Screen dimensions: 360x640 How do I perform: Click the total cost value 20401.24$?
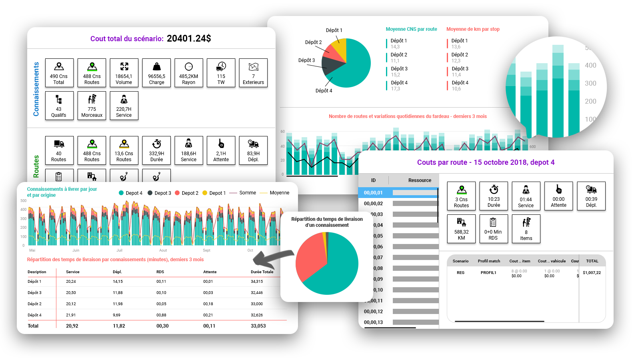pyautogui.click(x=188, y=38)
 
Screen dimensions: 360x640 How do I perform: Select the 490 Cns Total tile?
pyautogui.click(x=59, y=73)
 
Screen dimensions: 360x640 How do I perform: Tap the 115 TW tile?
pyautogui.click(x=221, y=73)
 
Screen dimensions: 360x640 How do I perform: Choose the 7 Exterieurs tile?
pyautogui.click(x=253, y=73)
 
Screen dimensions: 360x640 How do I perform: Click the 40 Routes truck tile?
pyautogui.click(x=59, y=150)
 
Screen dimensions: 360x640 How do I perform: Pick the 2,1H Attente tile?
pyautogui.click(x=221, y=150)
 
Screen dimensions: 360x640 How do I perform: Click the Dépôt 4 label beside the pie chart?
pyautogui.click(x=324, y=91)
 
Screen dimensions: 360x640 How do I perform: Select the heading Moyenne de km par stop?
pyautogui.click(x=473, y=29)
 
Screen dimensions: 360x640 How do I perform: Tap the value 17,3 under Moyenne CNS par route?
pyautogui.click(x=395, y=89)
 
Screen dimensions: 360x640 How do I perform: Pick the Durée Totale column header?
pyautogui.click(x=262, y=272)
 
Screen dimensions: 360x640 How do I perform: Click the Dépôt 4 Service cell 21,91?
pyautogui.click(x=71, y=315)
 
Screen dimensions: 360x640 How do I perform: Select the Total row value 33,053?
pyautogui.click(x=258, y=326)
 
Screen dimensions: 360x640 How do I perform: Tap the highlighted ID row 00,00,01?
pyautogui.click(x=373, y=193)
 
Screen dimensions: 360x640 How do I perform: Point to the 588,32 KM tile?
pyautogui.click(x=461, y=229)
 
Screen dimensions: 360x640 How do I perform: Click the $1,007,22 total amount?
pyautogui.click(x=592, y=273)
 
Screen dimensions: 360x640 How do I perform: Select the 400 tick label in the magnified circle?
pyautogui.click(x=590, y=66)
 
